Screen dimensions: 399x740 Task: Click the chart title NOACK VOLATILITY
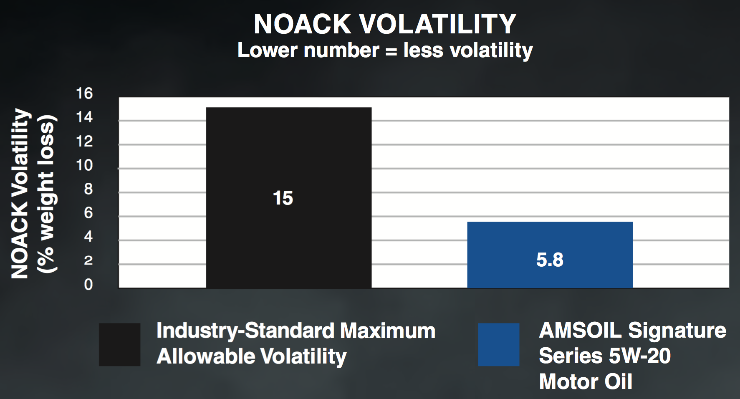click(x=385, y=24)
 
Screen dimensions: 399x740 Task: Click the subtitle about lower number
click(x=385, y=51)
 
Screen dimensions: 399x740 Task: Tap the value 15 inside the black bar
click(x=283, y=198)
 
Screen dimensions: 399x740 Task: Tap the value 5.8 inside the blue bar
click(x=550, y=260)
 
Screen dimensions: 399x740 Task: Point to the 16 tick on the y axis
click(x=84, y=93)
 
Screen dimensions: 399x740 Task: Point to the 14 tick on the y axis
click(x=84, y=117)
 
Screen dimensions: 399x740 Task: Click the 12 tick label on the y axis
click(x=84, y=141)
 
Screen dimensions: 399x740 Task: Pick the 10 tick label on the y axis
click(x=84, y=165)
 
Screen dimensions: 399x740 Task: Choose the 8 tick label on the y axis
click(x=88, y=189)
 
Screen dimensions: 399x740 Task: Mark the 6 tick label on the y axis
click(x=88, y=213)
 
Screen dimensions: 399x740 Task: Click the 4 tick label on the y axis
click(x=88, y=237)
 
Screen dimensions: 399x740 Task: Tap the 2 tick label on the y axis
click(x=88, y=260)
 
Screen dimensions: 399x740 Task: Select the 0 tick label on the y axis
click(x=88, y=285)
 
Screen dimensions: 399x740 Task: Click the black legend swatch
click(x=119, y=344)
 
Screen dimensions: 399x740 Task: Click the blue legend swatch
click(x=498, y=344)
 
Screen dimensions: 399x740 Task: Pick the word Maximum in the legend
click(x=388, y=331)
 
